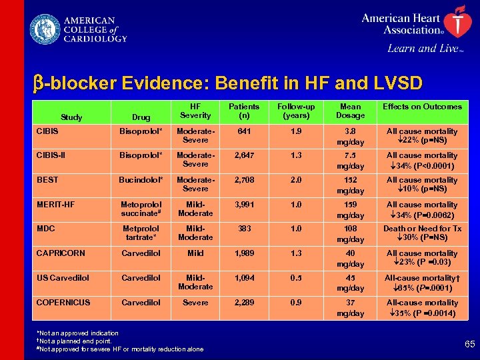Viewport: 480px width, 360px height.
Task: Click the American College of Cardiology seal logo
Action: (x=44, y=30)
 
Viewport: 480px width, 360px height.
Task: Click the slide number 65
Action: (x=469, y=344)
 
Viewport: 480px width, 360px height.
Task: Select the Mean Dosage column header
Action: (x=350, y=111)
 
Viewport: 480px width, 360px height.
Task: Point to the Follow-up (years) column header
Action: (x=296, y=111)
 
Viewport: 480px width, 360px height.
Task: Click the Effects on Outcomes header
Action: (x=421, y=107)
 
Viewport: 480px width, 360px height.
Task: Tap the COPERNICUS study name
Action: (x=63, y=302)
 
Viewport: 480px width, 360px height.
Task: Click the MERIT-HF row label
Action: (x=55, y=204)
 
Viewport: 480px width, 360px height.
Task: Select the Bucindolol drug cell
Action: (x=141, y=180)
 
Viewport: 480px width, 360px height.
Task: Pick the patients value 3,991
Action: (x=244, y=205)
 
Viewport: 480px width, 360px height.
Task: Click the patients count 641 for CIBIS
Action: (x=244, y=131)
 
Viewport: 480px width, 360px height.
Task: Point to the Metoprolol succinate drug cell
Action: (x=141, y=209)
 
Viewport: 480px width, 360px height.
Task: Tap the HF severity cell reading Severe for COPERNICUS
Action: (x=195, y=302)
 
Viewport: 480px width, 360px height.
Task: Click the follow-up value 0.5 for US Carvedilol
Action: (x=296, y=278)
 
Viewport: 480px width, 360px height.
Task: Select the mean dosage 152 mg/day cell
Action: (x=350, y=185)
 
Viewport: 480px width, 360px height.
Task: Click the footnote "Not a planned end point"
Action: (x=73, y=341)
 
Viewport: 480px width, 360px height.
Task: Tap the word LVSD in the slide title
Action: (x=396, y=83)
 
